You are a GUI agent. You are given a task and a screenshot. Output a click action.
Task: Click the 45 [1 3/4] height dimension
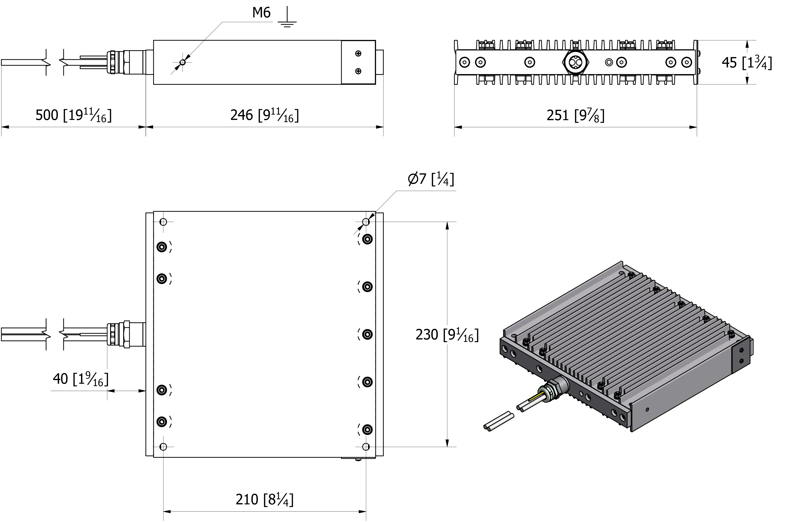pyautogui.click(x=747, y=62)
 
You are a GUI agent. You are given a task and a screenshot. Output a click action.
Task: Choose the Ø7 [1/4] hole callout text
pyautogui.click(x=431, y=179)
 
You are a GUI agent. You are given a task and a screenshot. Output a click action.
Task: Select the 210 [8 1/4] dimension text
pyautogui.click(x=264, y=499)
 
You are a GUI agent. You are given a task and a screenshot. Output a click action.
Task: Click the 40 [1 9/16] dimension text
pyautogui.click(x=81, y=379)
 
